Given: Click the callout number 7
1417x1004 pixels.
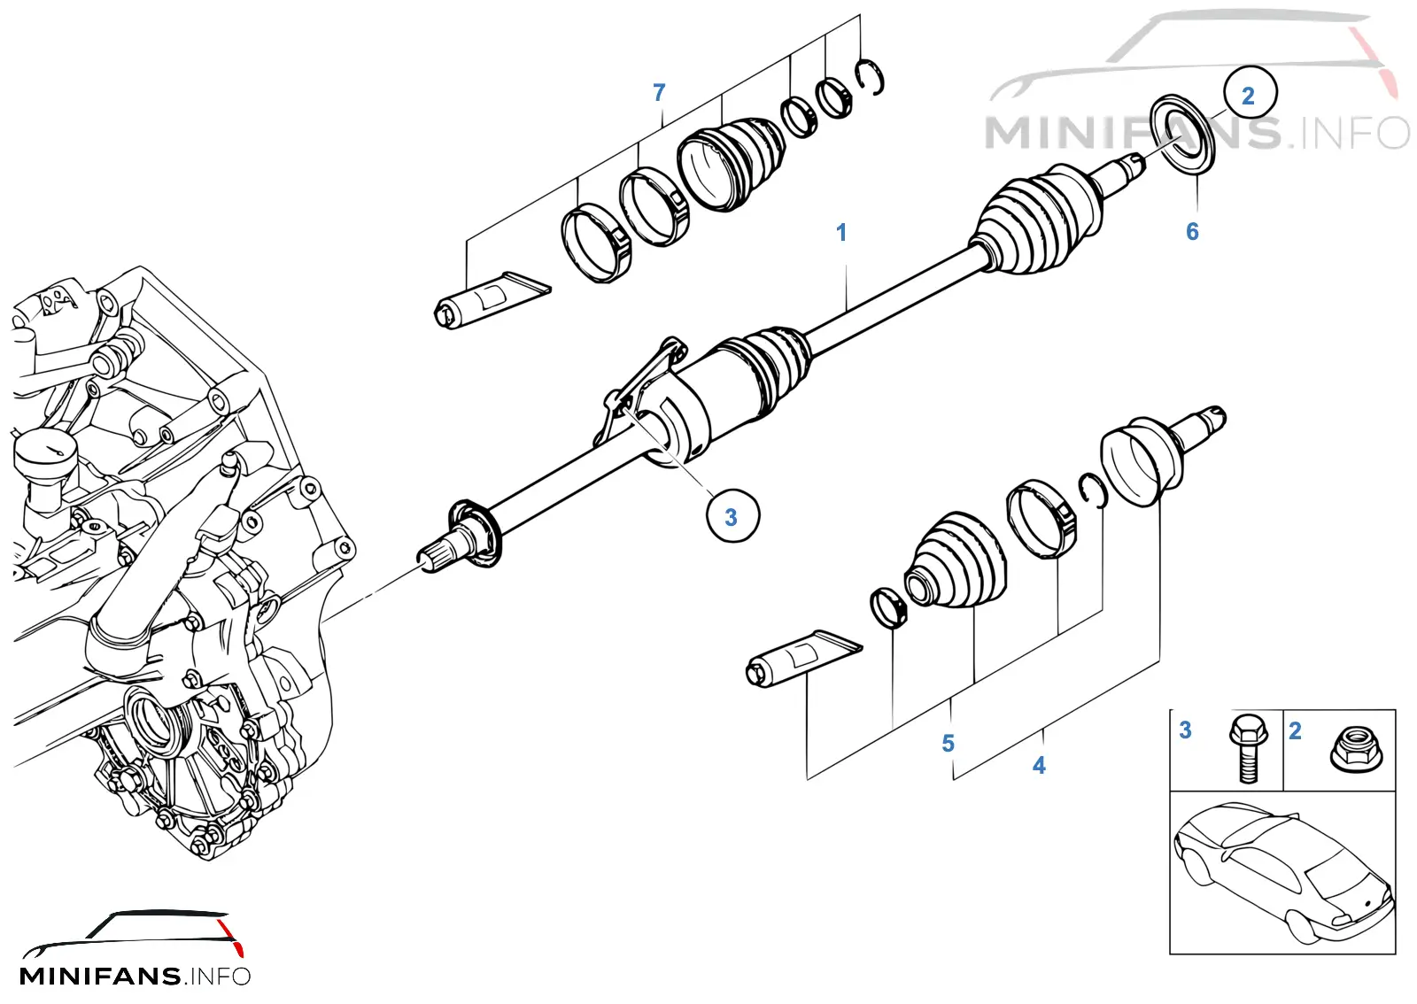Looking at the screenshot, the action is pyautogui.click(x=659, y=93).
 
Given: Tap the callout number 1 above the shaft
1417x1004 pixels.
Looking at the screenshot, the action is pyautogui.click(x=841, y=233).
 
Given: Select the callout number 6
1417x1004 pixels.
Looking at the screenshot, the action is pyautogui.click(x=1192, y=232).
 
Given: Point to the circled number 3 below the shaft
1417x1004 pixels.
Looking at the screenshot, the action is pyautogui.click(x=732, y=516).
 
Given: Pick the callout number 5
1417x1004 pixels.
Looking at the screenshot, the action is pyautogui.click(x=948, y=743).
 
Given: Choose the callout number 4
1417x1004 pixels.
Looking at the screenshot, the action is pyautogui.click(x=1039, y=766).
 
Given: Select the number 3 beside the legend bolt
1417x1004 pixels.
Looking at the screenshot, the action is pyautogui.click(x=1186, y=730).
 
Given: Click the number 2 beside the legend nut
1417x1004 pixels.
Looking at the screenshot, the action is pyautogui.click(x=1295, y=731).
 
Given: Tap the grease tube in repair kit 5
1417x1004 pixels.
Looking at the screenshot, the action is pyautogui.click(x=803, y=658).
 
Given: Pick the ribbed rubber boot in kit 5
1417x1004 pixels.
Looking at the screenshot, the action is pyautogui.click(x=956, y=560).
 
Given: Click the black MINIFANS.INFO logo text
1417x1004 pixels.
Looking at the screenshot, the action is pyautogui.click(x=136, y=976).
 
